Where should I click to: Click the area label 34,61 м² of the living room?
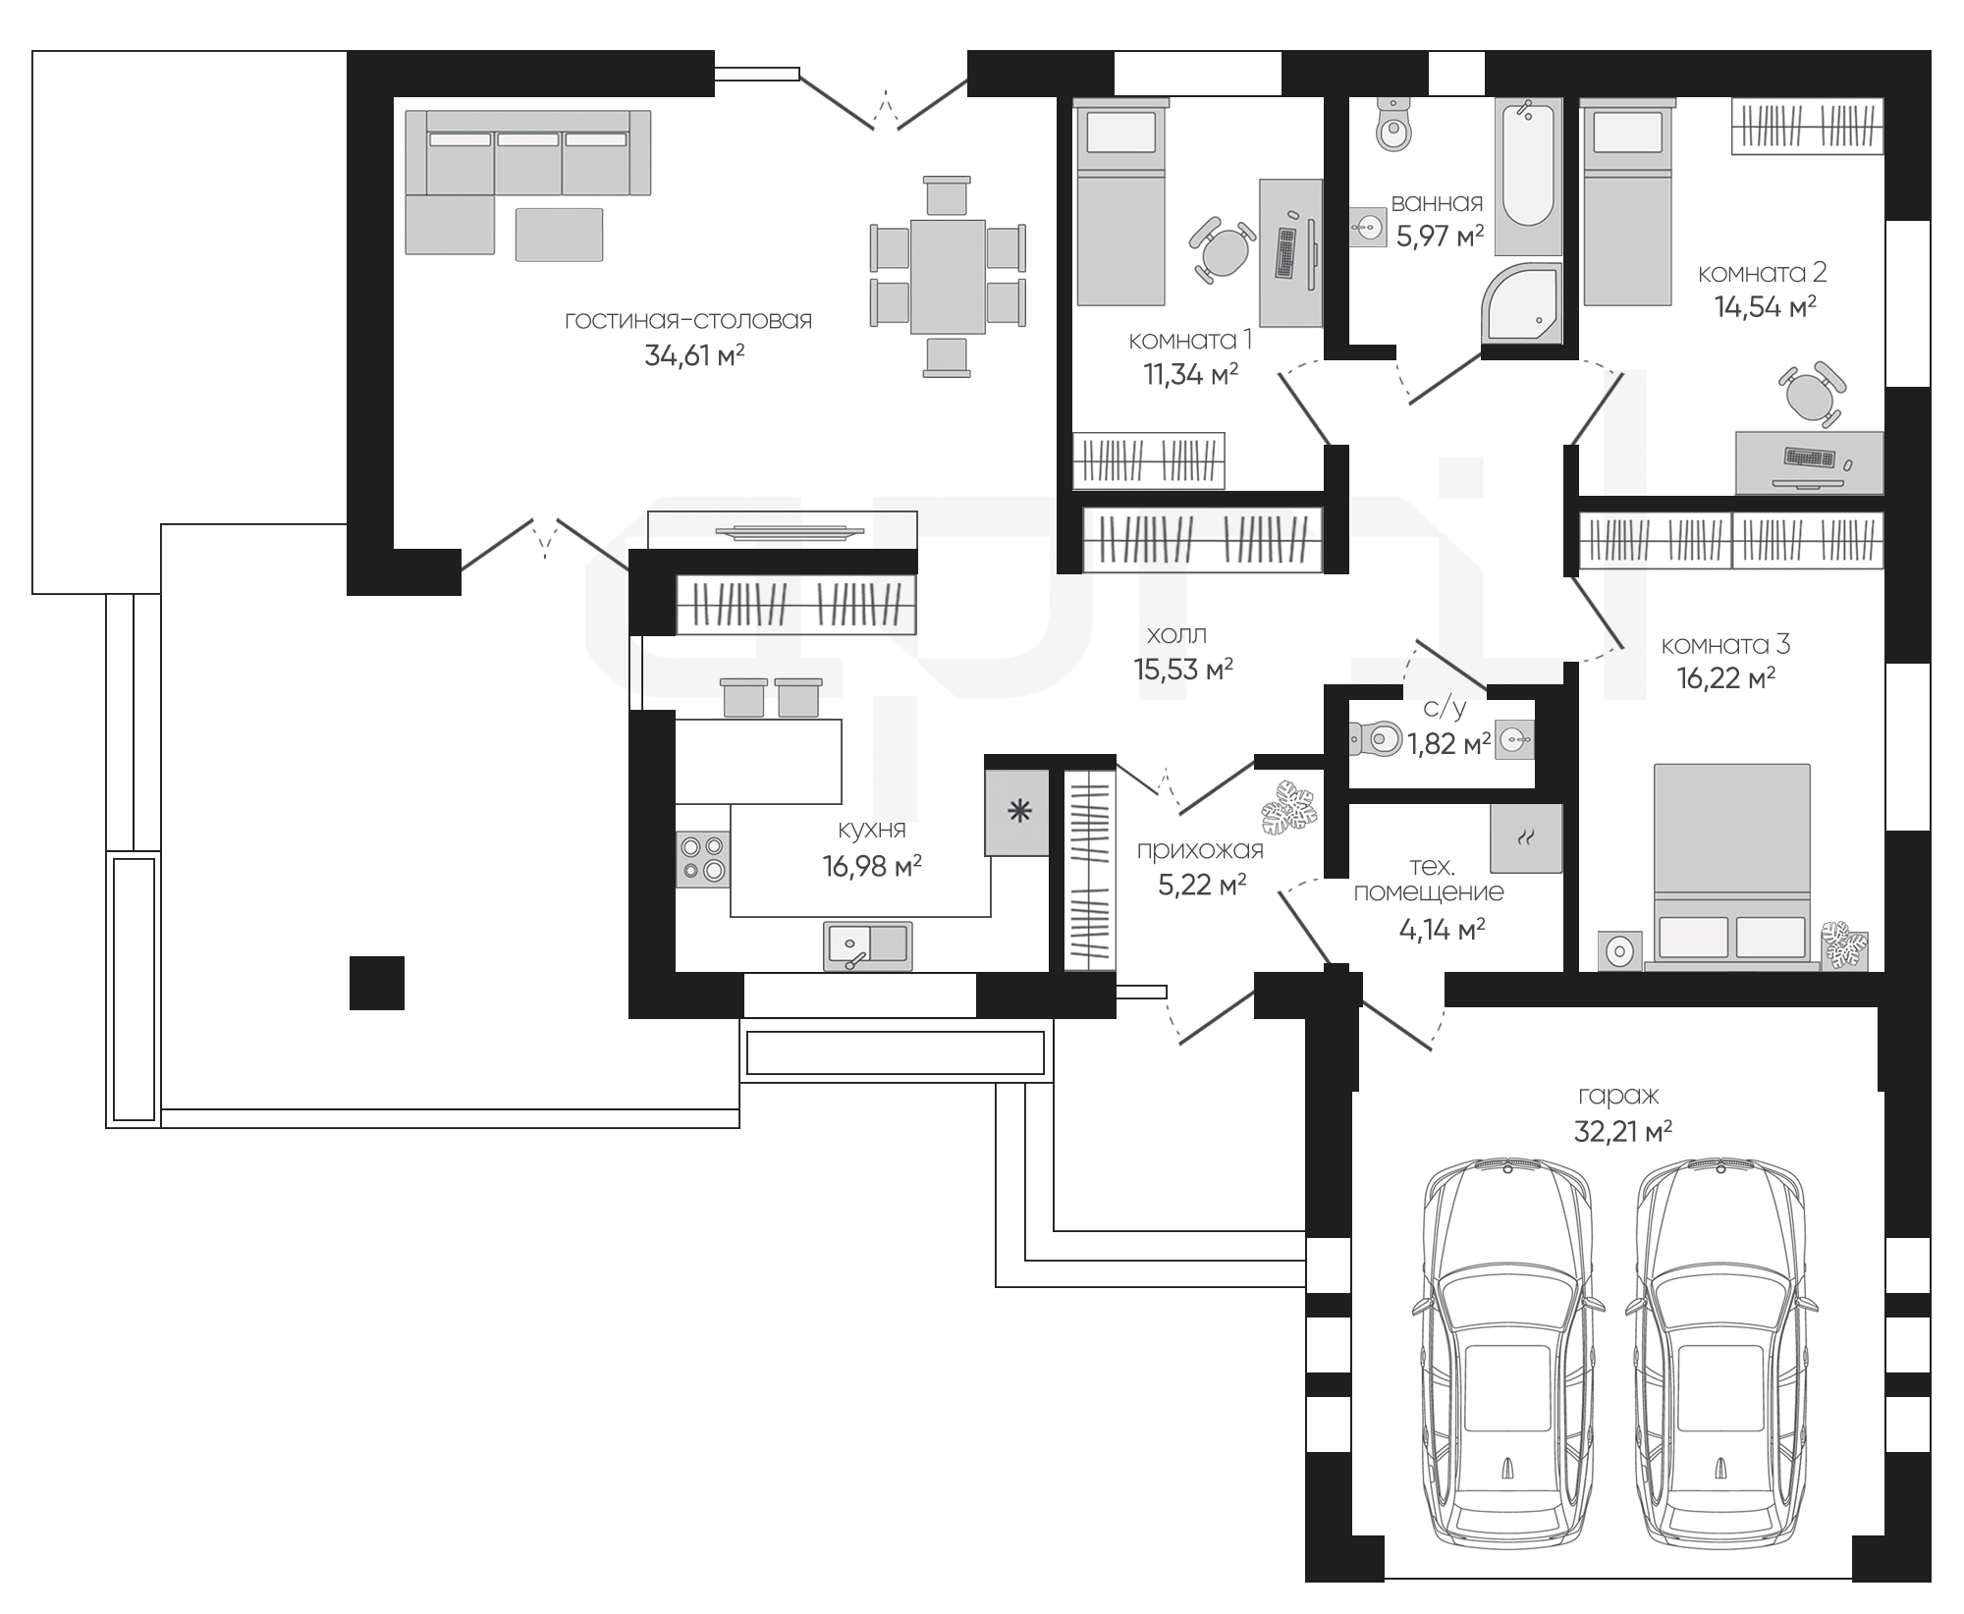pyautogui.click(x=694, y=355)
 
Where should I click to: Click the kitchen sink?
pyautogui.click(x=867, y=946)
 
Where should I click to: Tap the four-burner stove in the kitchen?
pyautogui.click(x=703, y=859)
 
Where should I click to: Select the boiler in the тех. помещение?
pyautogui.click(x=1525, y=837)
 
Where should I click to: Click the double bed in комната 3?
pyautogui.click(x=1732, y=866)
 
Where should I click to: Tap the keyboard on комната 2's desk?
pyautogui.click(x=1810, y=457)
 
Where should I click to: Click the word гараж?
pyautogui.click(x=1618, y=1096)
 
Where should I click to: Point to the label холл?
pyautogui.click(x=1175, y=634)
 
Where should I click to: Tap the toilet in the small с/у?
pyautogui.click(x=1375, y=738)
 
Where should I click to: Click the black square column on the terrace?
pyautogui.click(x=377, y=983)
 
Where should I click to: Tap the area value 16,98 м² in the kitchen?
pyautogui.click(x=872, y=866)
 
